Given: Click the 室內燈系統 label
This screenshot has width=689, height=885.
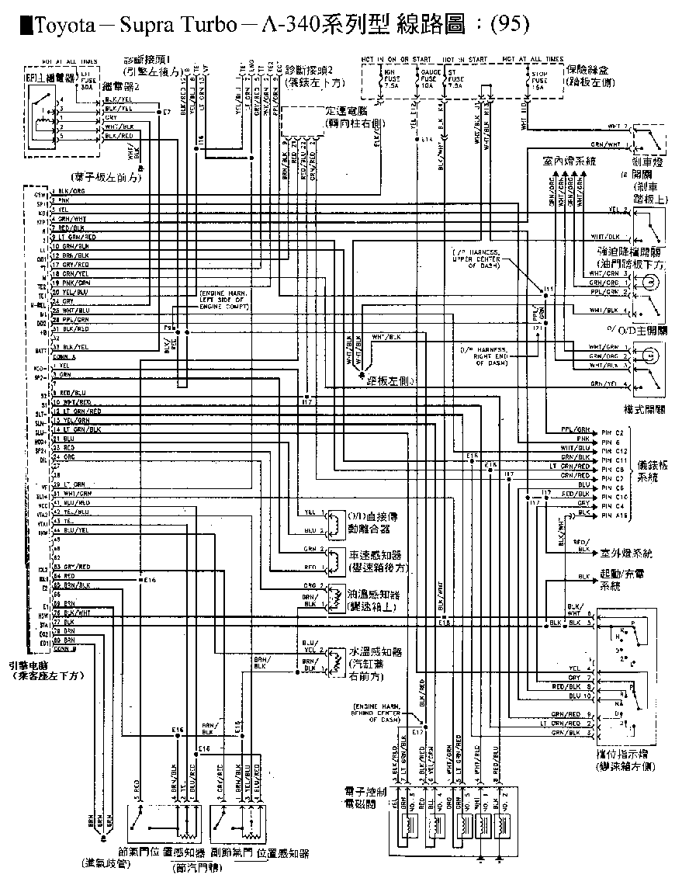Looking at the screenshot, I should pyautogui.click(x=570, y=161).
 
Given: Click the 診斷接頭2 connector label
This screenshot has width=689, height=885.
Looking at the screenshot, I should pyautogui.click(x=309, y=70).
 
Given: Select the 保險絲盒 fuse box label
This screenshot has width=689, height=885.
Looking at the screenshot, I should pyautogui.click(x=589, y=69).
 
